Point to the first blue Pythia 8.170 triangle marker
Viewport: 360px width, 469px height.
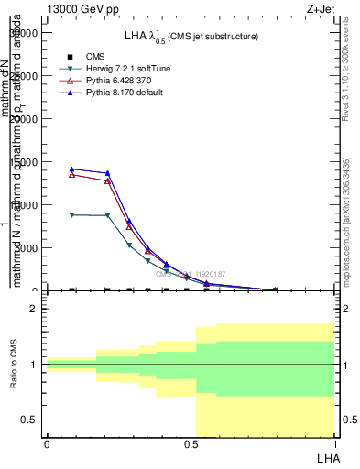71,169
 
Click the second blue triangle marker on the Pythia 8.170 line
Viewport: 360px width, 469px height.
107,173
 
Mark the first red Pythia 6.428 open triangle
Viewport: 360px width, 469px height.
71,174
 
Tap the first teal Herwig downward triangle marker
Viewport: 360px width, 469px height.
71,214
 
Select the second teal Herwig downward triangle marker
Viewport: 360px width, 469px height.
107,215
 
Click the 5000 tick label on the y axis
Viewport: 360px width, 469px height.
26,248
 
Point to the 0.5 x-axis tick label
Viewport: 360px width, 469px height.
191,443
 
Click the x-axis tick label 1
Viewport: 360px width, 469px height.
334,443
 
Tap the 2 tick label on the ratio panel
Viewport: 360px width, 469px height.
33,310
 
